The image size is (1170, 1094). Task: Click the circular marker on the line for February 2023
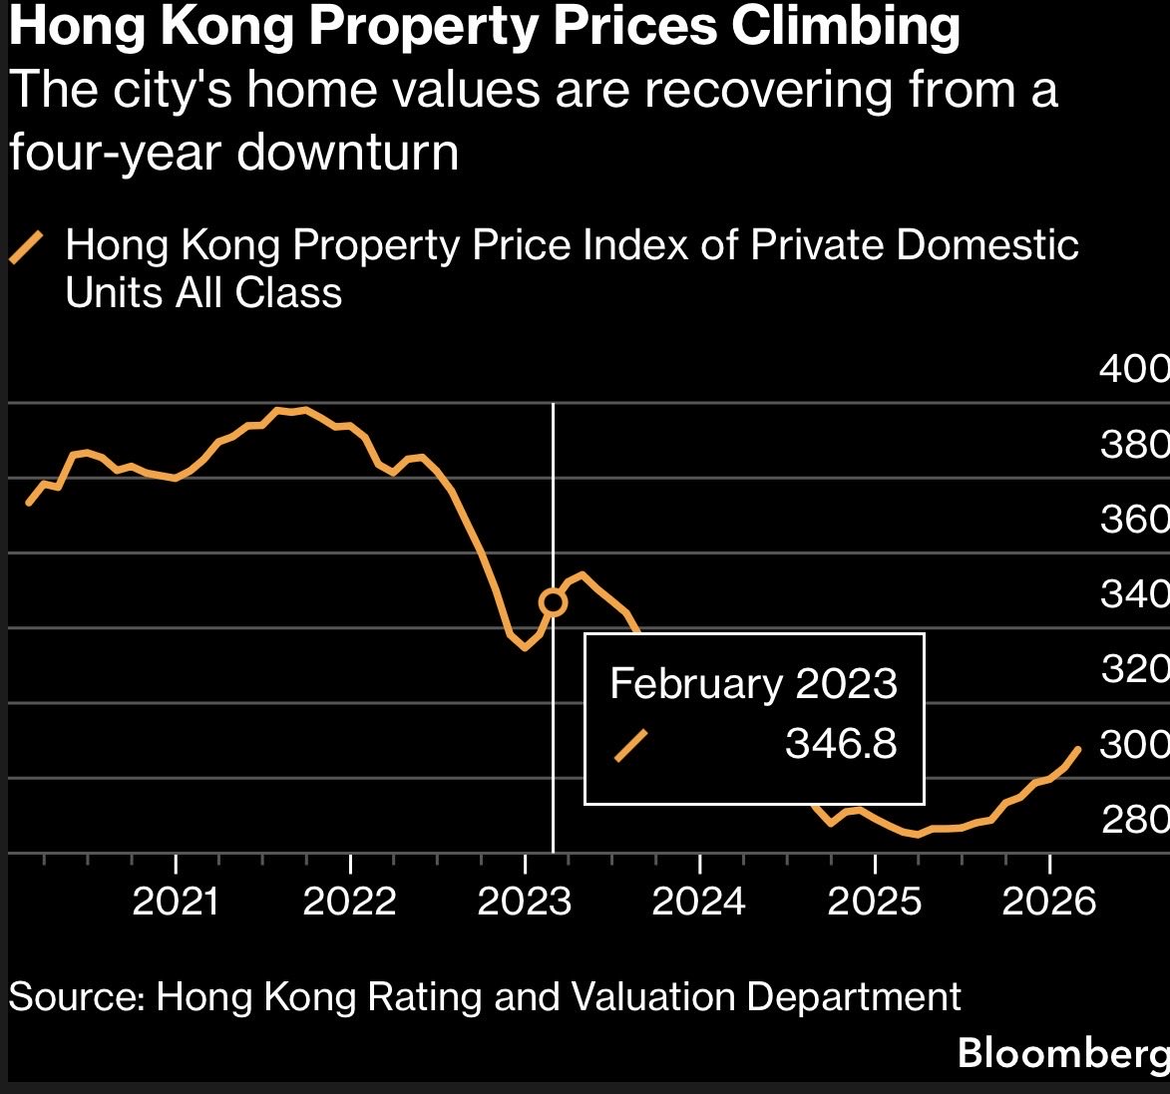(553, 601)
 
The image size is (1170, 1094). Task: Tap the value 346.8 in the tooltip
(841, 744)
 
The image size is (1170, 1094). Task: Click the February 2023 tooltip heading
(753, 684)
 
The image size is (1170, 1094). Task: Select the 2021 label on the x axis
(176, 902)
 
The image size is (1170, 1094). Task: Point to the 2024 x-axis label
(699, 902)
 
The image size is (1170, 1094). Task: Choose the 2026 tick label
(1048, 902)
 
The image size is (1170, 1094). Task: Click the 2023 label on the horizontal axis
(525, 902)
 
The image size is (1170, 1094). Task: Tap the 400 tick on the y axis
(1134, 369)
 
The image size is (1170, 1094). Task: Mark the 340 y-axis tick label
(1134, 594)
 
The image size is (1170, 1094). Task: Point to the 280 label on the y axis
(1134, 820)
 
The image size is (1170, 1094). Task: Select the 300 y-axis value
(1134, 744)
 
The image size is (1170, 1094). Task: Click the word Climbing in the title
(846, 28)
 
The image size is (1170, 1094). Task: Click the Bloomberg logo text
(1062, 1053)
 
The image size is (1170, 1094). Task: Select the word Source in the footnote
(75, 997)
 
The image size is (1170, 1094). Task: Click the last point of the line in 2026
(1078, 748)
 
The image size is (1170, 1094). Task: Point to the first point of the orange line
(28, 504)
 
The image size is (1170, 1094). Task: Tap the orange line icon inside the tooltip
(630, 745)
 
